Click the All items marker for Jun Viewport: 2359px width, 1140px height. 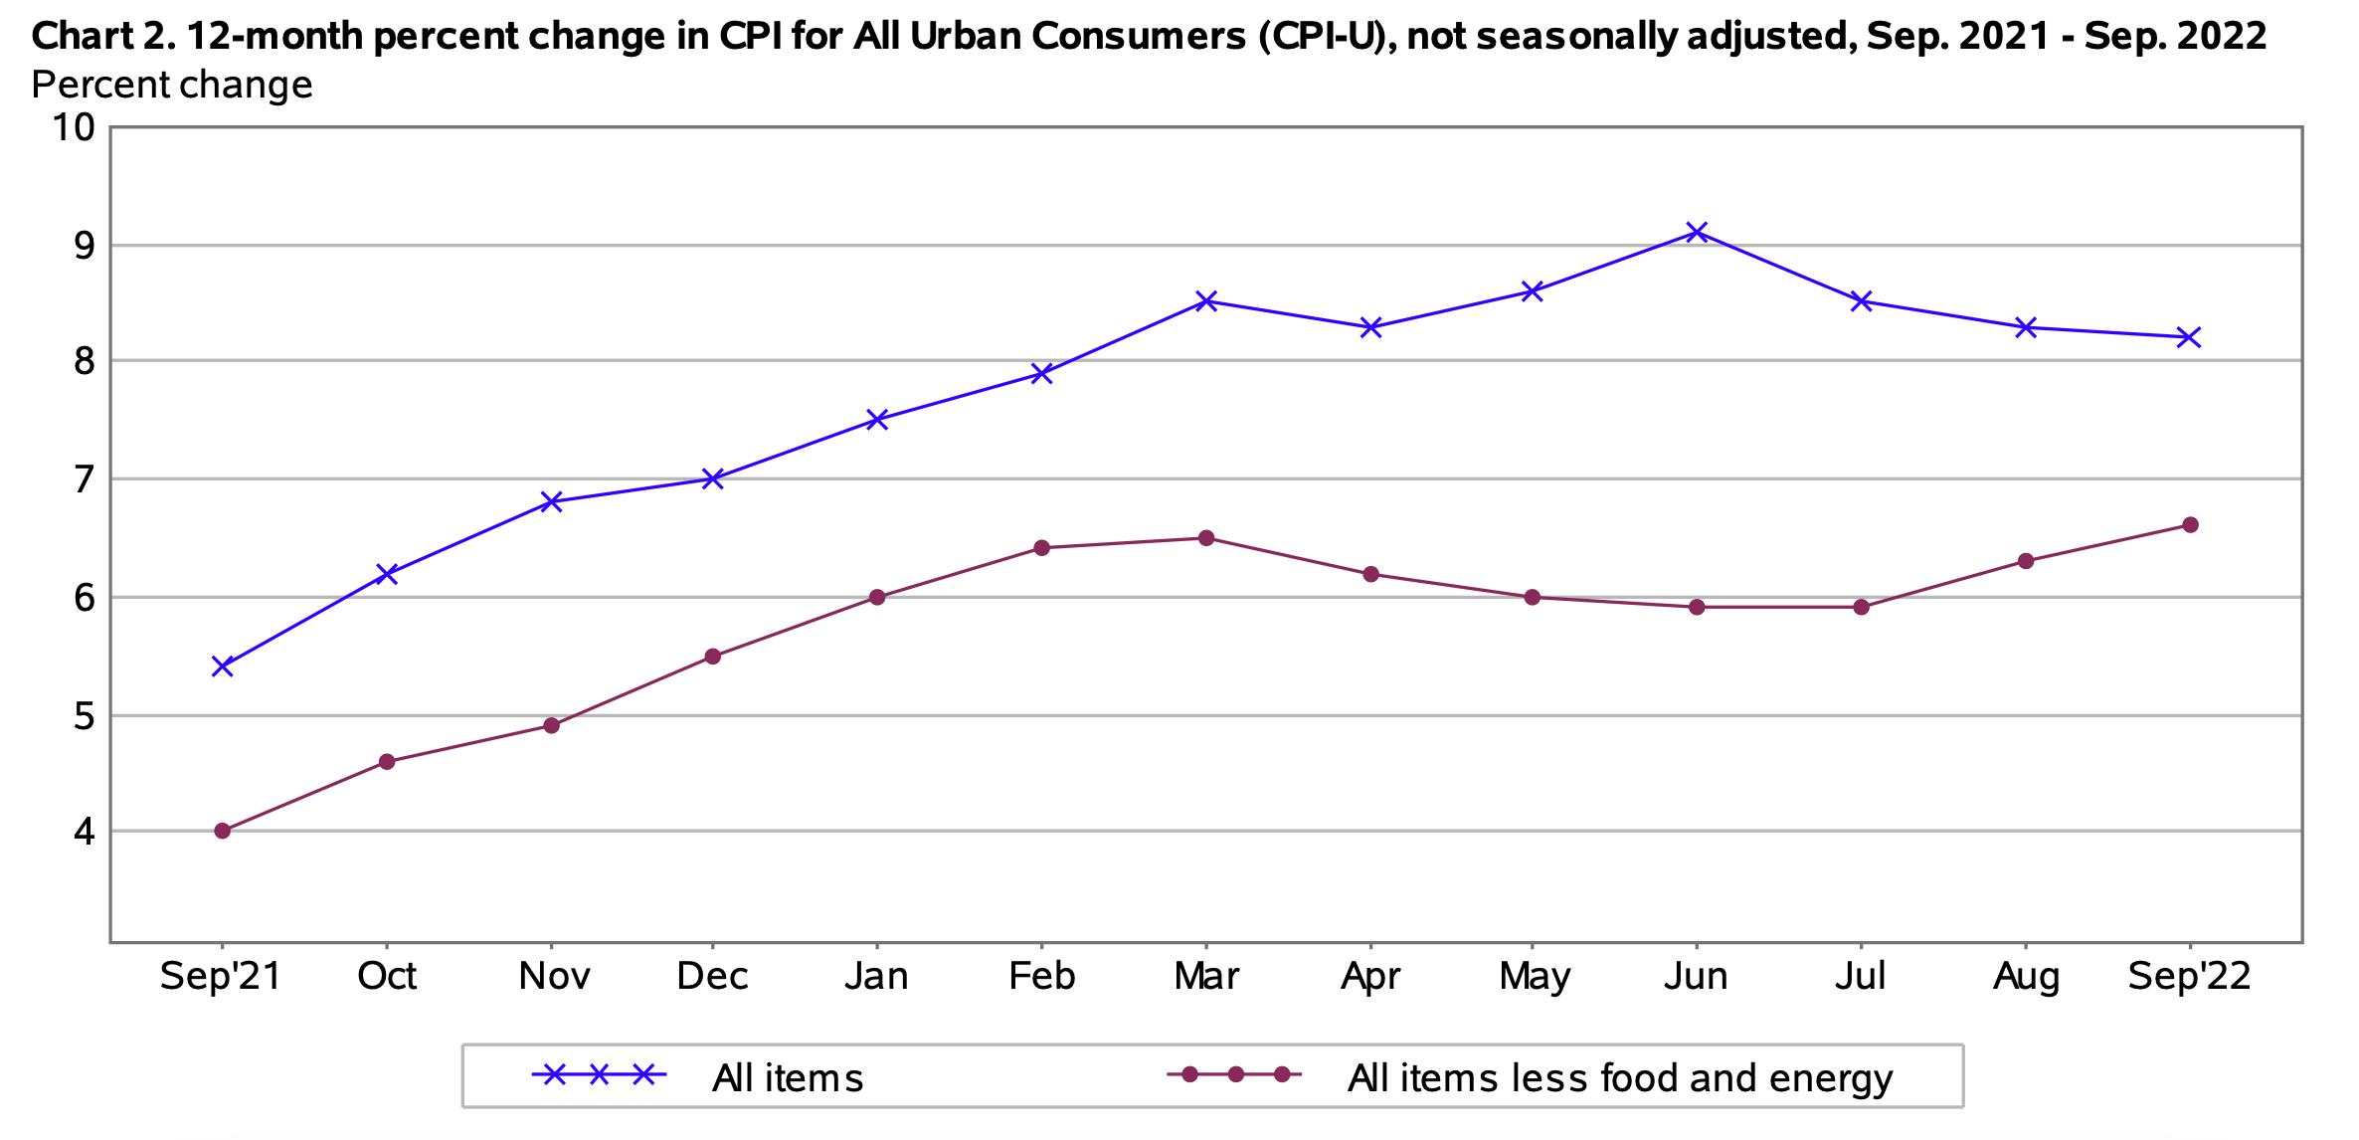pos(1697,233)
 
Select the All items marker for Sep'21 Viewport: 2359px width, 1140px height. pos(223,665)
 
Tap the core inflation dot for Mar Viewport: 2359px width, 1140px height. pos(1205,538)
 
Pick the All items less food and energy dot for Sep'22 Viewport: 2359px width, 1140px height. pos(2189,525)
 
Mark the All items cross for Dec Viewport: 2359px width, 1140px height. pos(712,478)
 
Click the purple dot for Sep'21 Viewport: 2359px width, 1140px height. pos(223,831)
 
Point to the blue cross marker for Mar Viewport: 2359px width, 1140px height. pos(1205,300)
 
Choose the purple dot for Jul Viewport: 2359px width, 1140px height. pos(1861,607)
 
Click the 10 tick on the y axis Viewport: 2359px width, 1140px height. pos(75,128)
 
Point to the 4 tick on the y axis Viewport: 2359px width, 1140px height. pos(84,832)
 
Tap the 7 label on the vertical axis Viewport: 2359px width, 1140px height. pos(84,480)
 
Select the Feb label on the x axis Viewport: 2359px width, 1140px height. pos(1041,977)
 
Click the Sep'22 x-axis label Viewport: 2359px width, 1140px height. pos(2188,977)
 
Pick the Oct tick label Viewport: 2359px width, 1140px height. pos(387,977)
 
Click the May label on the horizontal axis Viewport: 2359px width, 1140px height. pos(1534,977)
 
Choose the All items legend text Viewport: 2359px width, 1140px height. pos(787,1078)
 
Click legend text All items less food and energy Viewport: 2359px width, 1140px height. pos(1619,1078)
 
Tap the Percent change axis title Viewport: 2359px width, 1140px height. pos(172,86)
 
